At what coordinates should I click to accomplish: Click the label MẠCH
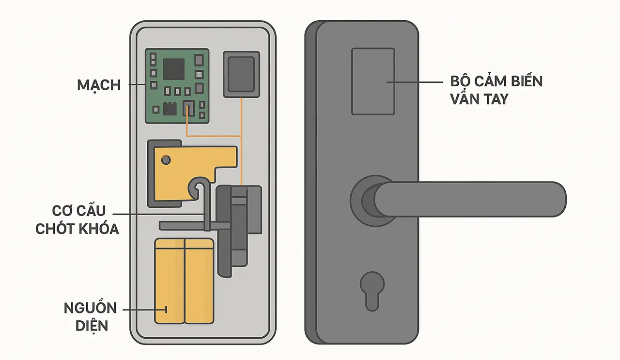click(99, 85)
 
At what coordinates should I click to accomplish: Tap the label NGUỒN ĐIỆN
click(90, 316)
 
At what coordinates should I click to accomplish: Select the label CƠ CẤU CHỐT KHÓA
click(77, 220)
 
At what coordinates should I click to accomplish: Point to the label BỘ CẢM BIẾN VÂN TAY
click(496, 90)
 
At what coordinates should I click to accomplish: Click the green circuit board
click(177, 86)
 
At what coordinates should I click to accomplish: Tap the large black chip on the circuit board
click(174, 69)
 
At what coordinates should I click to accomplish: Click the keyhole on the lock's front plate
click(372, 289)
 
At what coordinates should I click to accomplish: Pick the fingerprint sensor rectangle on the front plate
click(372, 81)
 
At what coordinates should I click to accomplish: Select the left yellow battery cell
click(169, 281)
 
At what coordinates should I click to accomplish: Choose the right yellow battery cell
click(199, 281)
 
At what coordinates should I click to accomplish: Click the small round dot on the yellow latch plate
click(166, 159)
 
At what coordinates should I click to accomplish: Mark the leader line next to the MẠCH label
click(137, 85)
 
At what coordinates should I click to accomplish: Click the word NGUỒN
click(90, 308)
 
